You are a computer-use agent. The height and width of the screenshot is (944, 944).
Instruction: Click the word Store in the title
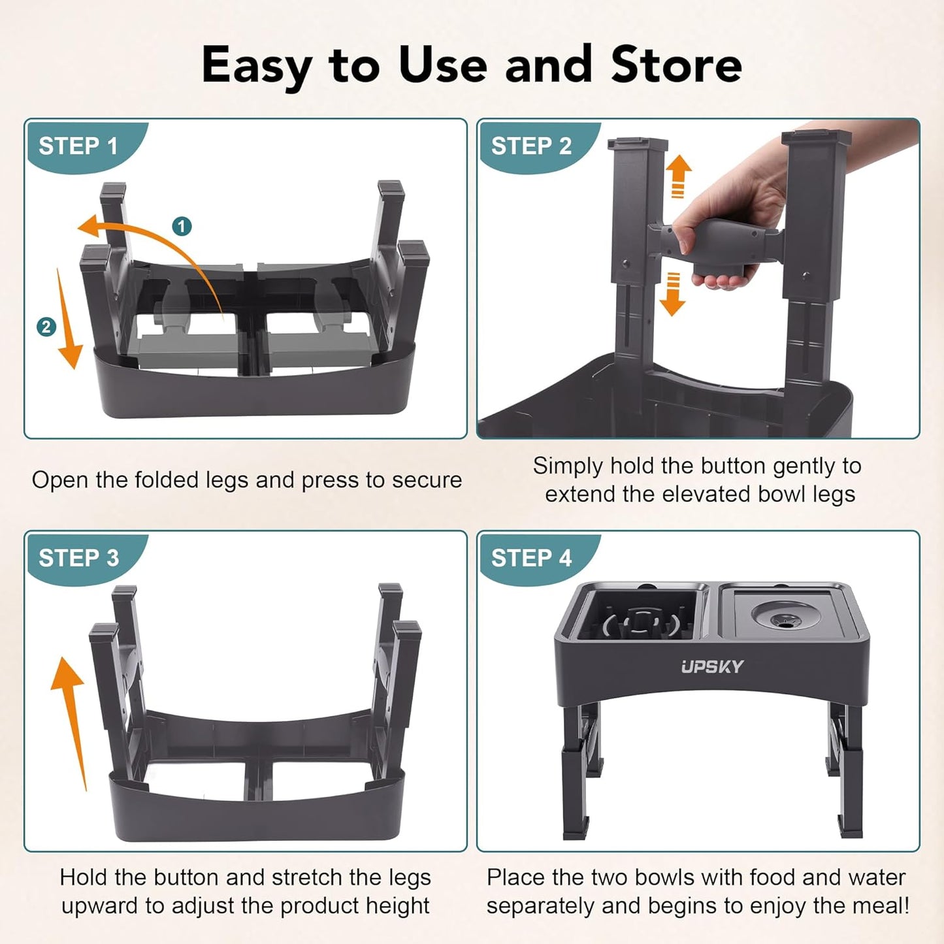pos(676,65)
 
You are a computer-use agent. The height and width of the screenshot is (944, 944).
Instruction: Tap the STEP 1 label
pos(78,146)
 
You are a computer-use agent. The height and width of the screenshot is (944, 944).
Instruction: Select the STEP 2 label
pos(530,146)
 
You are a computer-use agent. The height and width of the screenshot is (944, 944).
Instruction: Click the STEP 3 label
pos(78,559)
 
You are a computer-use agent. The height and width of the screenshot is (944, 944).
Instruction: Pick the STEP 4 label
pos(530,559)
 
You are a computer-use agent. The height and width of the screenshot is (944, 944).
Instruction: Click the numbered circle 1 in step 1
pos(182,227)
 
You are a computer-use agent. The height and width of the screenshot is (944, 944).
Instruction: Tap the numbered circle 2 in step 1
pos(46,327)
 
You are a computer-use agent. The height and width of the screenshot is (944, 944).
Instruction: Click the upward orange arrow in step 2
pos(678,174)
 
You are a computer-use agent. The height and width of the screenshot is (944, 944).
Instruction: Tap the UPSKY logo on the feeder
pos(712,666)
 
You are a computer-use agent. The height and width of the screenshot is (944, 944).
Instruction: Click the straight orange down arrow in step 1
pos(68,320)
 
